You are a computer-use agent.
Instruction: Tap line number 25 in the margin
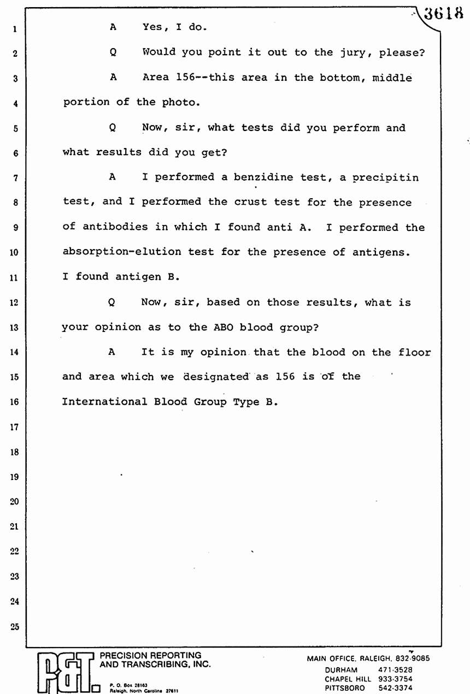pos(15,626)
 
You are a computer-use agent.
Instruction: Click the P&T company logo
pos(64,672)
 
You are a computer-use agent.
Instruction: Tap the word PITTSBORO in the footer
pos(345,688)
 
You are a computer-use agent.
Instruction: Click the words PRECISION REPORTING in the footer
pos(150,655)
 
